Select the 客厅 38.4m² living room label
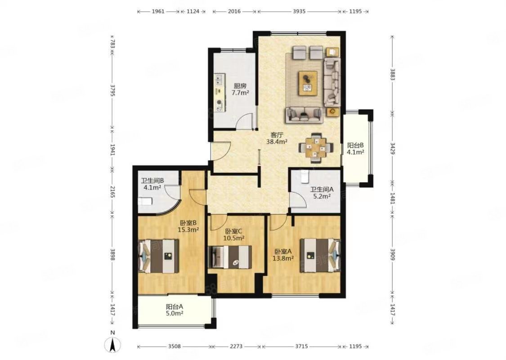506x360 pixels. (277, 138)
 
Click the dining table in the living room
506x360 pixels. (316, 148)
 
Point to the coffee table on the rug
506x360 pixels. (308, 83)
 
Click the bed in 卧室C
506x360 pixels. (230, 256)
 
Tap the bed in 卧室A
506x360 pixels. (320, 255)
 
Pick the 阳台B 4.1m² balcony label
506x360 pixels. (355, 148)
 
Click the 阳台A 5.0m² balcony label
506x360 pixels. (175, 310)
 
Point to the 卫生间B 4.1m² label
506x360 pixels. (152, 184)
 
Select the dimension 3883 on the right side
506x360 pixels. (392, 75)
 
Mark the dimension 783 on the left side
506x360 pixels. (112, 44)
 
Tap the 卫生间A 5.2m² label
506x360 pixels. (322, 193)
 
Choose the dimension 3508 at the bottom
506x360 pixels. (175, 346)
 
